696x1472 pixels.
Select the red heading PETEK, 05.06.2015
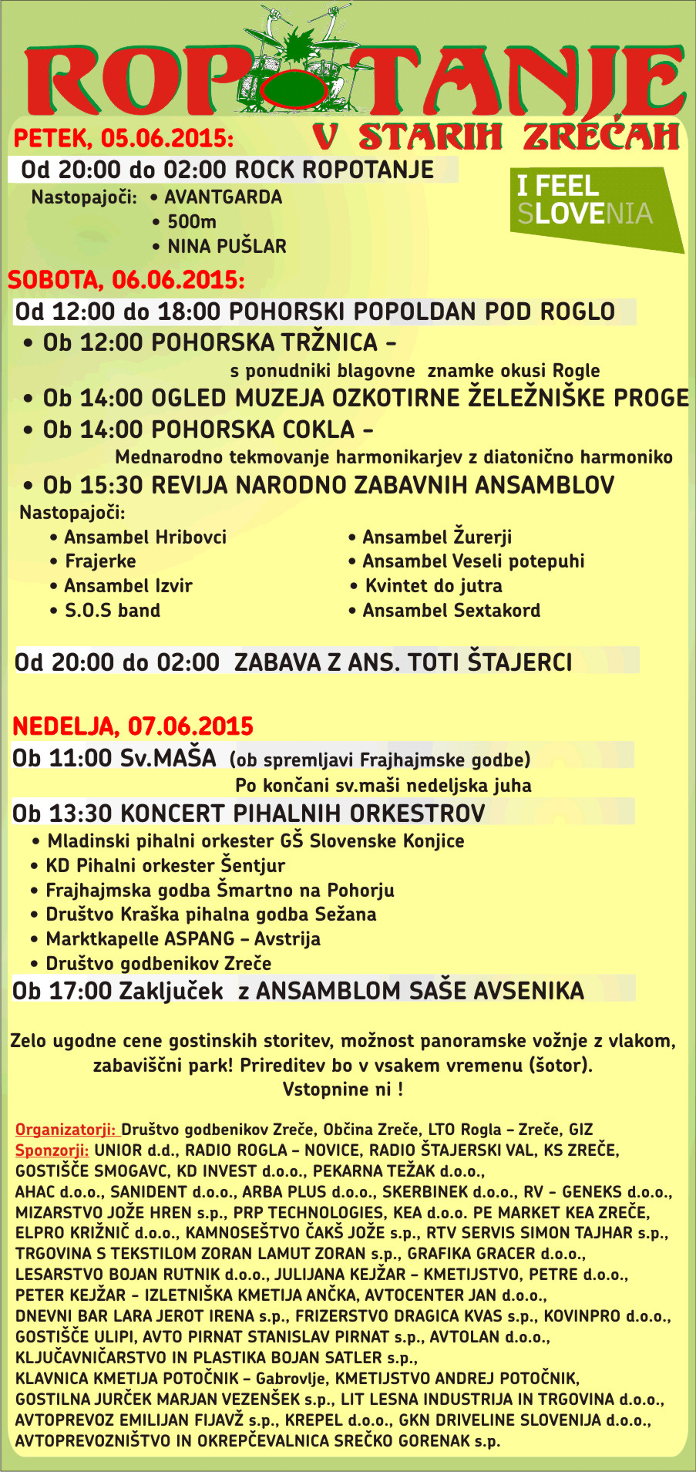(123, 138)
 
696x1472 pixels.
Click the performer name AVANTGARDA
(223, 197)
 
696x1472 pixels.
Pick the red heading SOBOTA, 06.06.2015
(126, 280)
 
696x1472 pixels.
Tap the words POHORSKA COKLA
(252, 429)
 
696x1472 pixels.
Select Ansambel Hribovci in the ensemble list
(145, 537)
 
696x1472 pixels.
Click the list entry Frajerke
(100, 561)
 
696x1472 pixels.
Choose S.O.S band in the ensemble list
(112, 611)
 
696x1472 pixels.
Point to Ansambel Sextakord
(451, 611)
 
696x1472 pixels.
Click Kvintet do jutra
(433, 586)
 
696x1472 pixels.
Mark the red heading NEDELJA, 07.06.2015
(133, 726)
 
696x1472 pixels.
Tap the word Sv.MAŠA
(168, 758)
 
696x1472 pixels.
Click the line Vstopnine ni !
(342, 1090)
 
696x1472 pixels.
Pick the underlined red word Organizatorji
(65, 1130)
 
